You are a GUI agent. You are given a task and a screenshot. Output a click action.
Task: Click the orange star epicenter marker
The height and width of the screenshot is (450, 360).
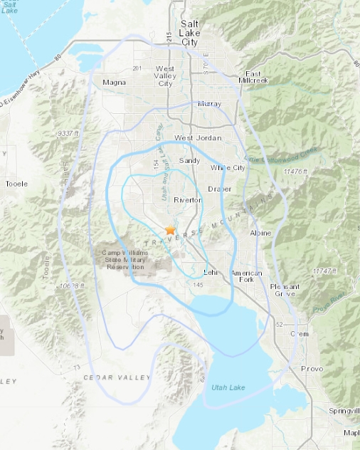click(170, 230)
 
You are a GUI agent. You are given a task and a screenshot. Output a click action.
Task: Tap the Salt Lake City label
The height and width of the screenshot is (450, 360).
click(189, 33)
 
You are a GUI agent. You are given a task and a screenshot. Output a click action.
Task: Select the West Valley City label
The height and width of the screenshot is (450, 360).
click(164, 75)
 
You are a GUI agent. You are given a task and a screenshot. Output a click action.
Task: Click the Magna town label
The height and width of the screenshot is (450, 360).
click(114, 82)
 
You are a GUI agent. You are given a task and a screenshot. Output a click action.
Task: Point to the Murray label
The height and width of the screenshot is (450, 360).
click(210, 104)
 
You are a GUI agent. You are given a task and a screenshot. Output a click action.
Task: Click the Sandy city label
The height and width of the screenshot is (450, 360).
click(190, 161)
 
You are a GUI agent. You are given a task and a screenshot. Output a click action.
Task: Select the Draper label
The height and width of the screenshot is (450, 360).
click(220, 189)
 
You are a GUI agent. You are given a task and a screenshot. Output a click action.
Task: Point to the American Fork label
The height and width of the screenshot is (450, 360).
click(246, 277)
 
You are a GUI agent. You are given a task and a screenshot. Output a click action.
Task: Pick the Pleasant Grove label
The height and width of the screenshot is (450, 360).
click(284, 291)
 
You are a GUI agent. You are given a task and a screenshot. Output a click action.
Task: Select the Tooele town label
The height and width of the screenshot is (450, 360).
click(16, 184)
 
